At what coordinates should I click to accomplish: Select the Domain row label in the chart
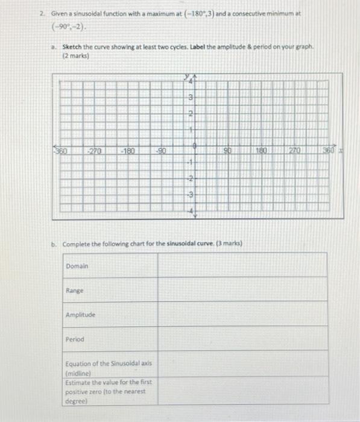click(x=77, y=266)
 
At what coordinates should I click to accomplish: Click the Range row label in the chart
click(x=75, y=291)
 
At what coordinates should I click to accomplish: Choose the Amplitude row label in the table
click(x=80, y=315)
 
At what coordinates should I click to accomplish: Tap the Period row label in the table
click(x=75, y=339)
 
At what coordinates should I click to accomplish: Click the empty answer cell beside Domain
click(x=243, y=266)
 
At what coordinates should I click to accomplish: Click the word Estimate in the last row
click(x=78, y=383)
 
